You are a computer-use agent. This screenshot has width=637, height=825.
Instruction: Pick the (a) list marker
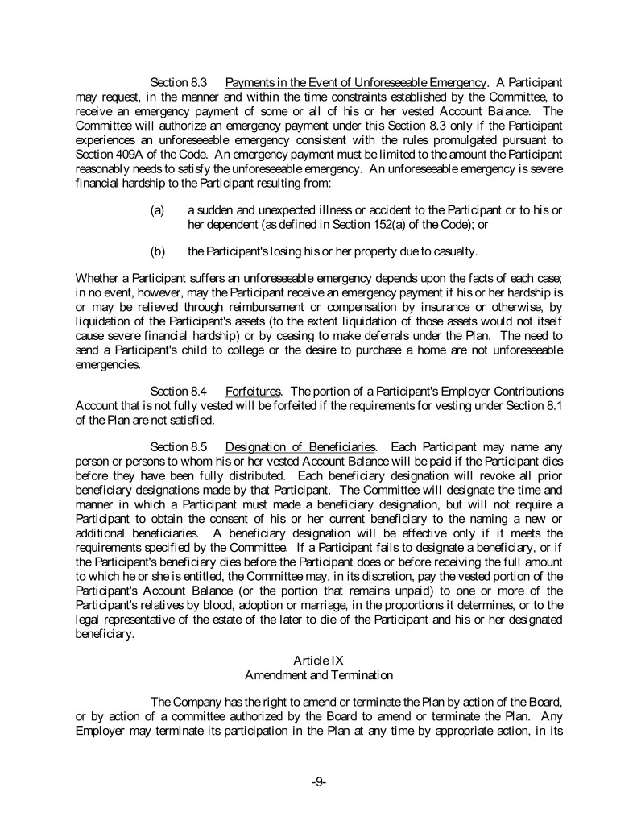pos(158,209)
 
